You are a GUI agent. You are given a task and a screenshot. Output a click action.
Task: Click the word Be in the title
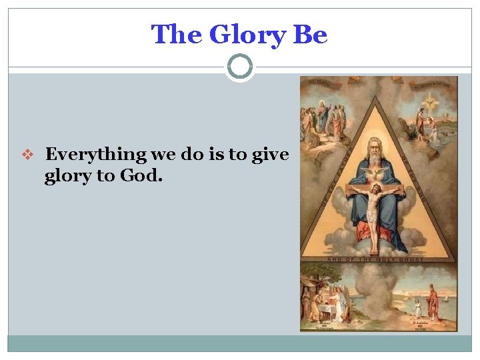click(310, 35)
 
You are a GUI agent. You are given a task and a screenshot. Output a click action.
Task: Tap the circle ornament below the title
click(240, 67)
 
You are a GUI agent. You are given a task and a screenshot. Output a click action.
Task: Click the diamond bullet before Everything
click(27, 155)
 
